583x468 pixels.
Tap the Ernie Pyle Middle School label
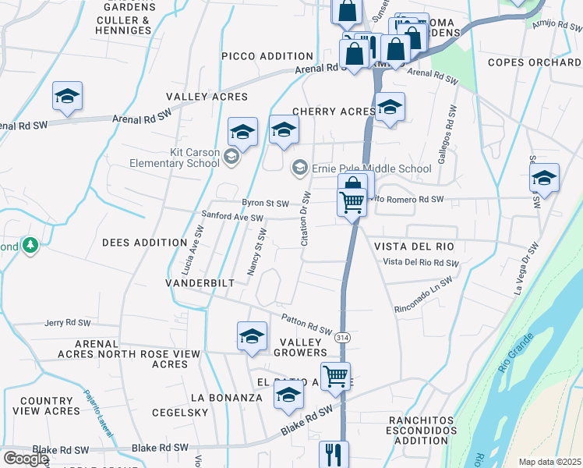[x=371, y=168]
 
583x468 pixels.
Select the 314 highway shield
[x=342, y=339]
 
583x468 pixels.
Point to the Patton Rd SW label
[x=307, y=322]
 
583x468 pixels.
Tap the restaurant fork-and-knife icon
[x=334, y=454]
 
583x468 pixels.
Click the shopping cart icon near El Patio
[x=335, y=376]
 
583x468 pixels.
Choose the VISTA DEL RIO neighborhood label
[x=413, y=246]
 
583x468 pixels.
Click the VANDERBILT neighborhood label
[x=200, y=282]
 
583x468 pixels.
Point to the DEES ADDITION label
[x=144, y=243]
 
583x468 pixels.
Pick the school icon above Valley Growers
[x=252, y=336]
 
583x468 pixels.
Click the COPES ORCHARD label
[x=534, y=62]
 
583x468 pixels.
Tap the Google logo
[x=26, y=459]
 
